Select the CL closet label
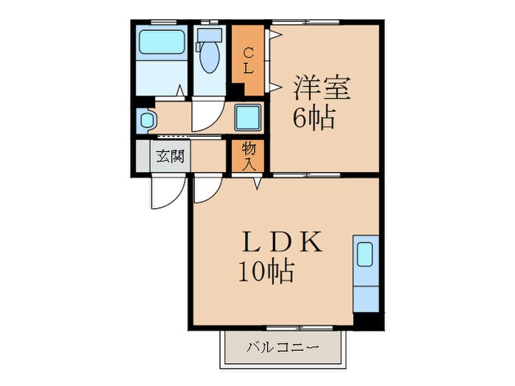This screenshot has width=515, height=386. click(249, 61)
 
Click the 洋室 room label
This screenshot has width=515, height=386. click(322, 88)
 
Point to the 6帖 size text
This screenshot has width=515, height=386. click(314, 117)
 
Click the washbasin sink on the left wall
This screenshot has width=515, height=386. click(145, 118)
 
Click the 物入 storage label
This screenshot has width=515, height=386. click(249, 156)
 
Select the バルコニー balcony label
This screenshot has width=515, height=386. click(283, 346)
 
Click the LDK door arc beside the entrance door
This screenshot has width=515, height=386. click(205, 190)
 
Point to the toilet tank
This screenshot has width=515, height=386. click(210, 36)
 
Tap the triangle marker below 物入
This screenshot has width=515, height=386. click(257, 184)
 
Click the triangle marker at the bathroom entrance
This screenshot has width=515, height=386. click(180, 92)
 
